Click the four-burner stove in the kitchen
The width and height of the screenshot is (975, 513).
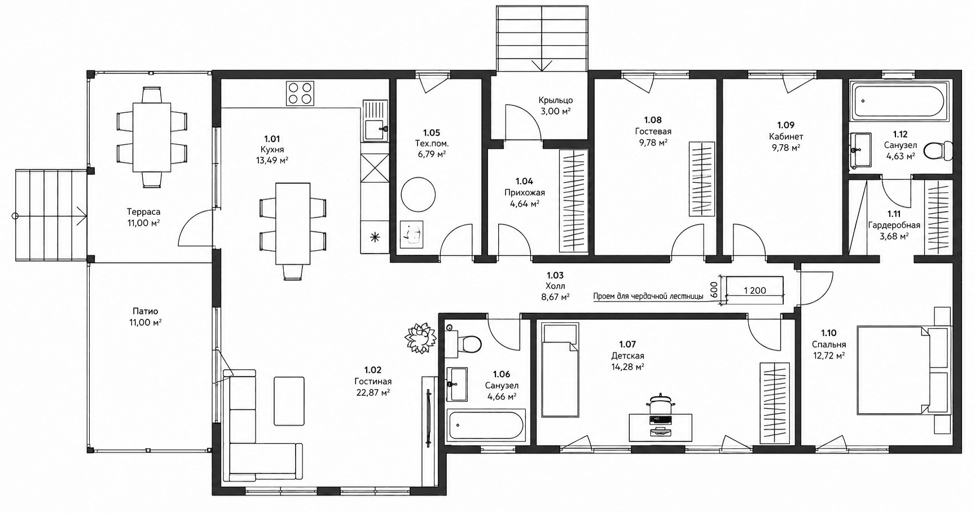(300, 94)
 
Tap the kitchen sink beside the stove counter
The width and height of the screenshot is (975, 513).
(375, 120)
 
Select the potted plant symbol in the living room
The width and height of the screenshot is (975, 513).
(420, 338)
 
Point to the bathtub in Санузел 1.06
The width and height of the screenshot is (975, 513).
(486, 425)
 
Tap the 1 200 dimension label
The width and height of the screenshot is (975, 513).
(754, 291)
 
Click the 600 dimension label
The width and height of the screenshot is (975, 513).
(714, 290)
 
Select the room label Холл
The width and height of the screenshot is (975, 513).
(555, 286)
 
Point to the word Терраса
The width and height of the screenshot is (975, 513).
(143, 212)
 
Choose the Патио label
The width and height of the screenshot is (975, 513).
(146, 311)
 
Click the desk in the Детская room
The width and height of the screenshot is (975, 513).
(661, 427)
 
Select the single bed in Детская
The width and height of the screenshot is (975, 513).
(560, 369)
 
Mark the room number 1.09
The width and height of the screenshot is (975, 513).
(786, 125)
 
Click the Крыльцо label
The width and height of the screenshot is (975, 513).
(555, 100)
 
